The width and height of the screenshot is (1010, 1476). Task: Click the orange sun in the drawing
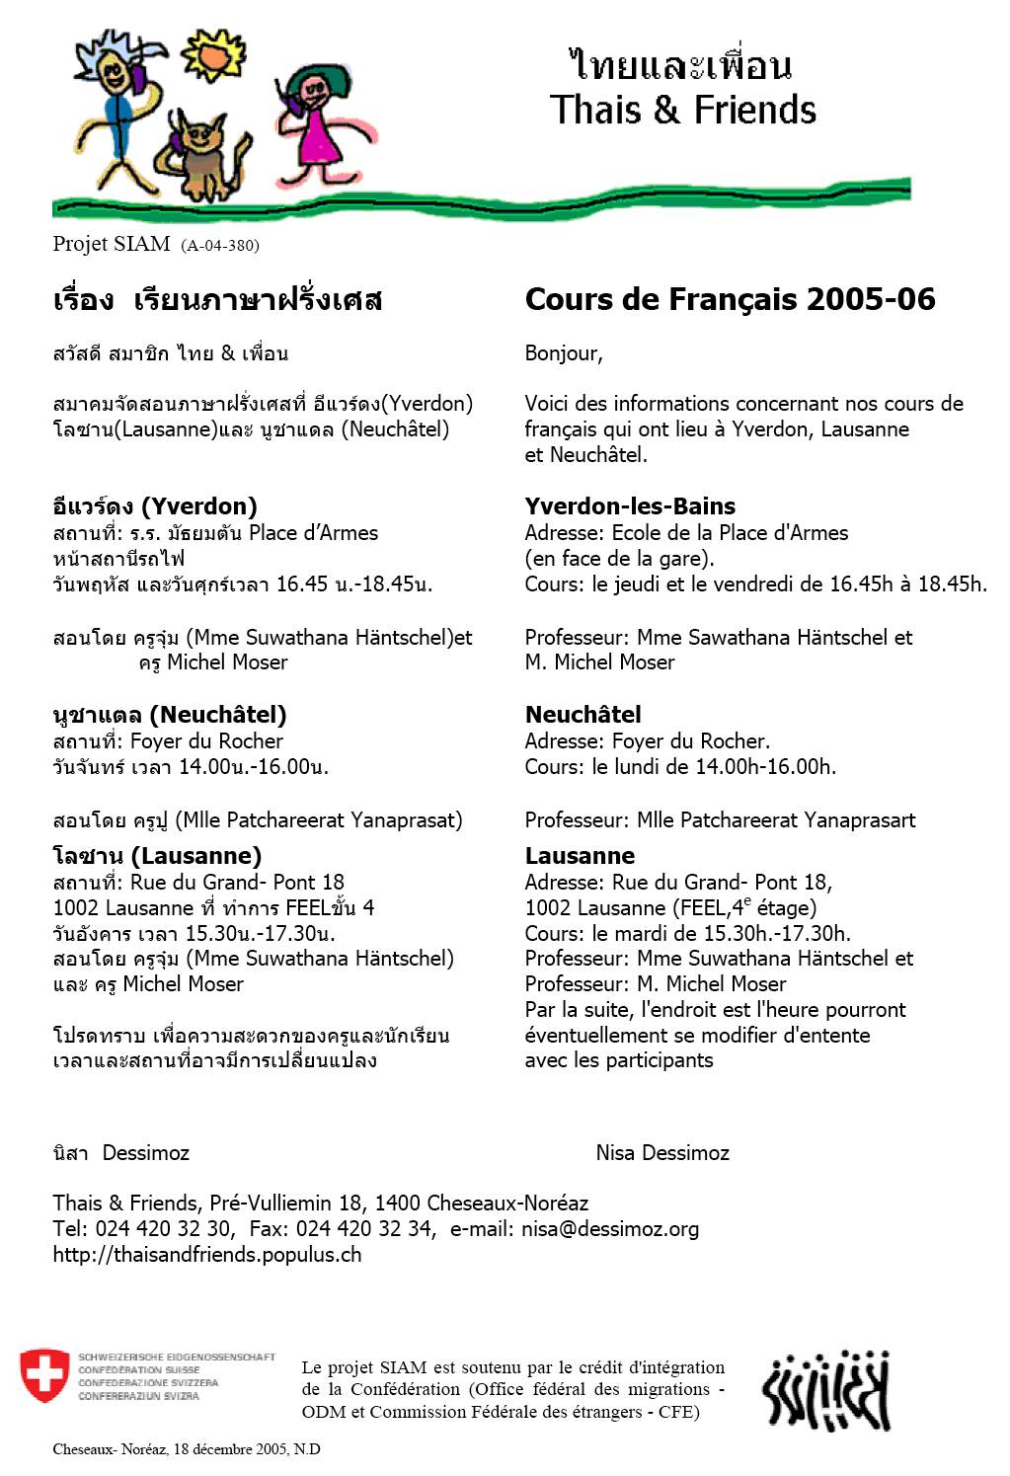point(211,54)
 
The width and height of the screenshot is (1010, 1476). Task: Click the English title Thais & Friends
point(683,110)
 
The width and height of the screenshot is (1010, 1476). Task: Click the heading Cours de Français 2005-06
point(730,299)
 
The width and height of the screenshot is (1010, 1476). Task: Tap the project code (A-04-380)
point(220,246)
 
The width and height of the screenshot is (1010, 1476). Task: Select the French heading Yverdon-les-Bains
point(630,506)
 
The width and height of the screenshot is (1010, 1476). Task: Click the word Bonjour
point(563,353)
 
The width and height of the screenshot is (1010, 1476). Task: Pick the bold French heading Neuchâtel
point(583,715)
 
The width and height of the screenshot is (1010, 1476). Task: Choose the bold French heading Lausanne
point(580,856)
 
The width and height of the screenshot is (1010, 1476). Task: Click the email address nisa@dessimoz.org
point(610,1229)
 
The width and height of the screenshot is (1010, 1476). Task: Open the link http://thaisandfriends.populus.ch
point(207,1255)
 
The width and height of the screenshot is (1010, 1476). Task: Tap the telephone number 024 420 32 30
point(164,1229)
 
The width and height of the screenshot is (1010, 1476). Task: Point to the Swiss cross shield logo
point(44,1375)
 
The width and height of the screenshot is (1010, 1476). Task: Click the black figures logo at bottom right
point(826,1391)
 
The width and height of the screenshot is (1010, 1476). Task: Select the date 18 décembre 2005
point(229,1449)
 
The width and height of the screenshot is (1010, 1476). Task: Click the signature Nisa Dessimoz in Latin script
point(662,1153)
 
